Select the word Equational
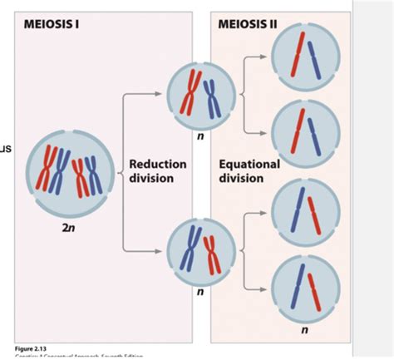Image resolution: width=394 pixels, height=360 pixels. [x=249, y=164]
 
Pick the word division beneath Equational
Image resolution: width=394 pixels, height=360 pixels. [x=241, y=179]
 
